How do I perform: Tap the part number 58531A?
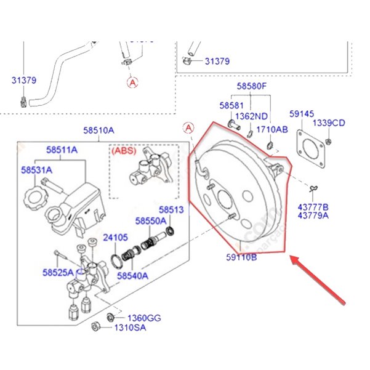pyautogui.click(x=36, y=169)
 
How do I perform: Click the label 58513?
pyautogui.click(x=171, y=209)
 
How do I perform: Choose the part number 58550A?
pyautogui.click(x=151, y=220)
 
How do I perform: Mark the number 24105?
pyautogui.click(x=115, y=236)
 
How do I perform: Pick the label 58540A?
pyautogui.click(x=132, y=276)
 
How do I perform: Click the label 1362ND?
pyautogui.click(x=252, y=116)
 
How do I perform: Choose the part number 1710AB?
pyautogui.click(x=271, y=129)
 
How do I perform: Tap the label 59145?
pyautogui.click(x=302, y=114)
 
